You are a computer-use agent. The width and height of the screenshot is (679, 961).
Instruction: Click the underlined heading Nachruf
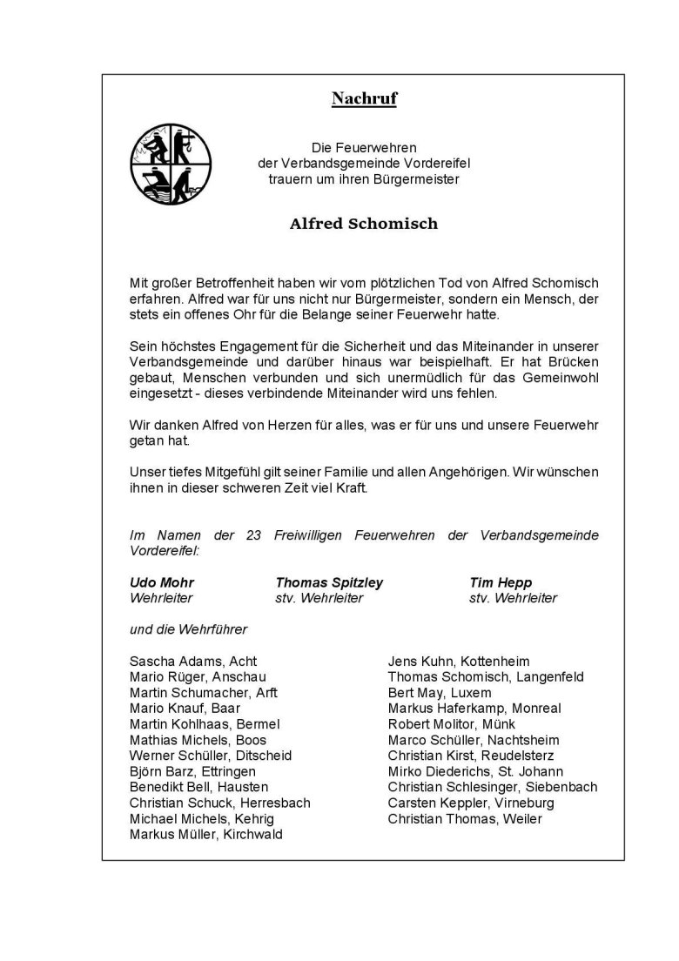364,99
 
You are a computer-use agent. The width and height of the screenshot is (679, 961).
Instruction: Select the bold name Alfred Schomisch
364,224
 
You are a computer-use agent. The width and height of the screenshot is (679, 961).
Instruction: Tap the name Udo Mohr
162,582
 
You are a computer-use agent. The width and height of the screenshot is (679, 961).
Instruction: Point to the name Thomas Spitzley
329,582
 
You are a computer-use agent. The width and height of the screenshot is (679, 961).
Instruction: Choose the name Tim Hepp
501,582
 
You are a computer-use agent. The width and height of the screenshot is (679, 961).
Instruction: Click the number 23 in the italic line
254,535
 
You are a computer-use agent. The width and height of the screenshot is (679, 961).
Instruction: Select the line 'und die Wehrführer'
188,629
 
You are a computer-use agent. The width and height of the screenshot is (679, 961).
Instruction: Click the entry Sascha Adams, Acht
193,662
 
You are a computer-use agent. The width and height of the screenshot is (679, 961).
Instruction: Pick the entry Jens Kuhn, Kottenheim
459,662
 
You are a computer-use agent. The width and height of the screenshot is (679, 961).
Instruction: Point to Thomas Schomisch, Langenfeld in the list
486,677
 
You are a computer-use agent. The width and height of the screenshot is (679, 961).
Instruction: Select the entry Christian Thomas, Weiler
465,819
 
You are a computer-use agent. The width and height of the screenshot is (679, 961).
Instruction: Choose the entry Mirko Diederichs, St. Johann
475,772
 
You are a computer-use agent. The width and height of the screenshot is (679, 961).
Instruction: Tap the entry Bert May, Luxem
440,693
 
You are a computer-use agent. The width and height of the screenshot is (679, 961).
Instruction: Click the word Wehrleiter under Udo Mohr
161,598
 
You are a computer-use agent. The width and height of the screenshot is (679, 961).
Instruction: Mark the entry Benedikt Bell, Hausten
198,788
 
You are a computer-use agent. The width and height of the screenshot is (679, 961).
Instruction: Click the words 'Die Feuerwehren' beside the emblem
364,149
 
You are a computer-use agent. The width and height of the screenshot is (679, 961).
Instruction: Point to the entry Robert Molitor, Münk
452,724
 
